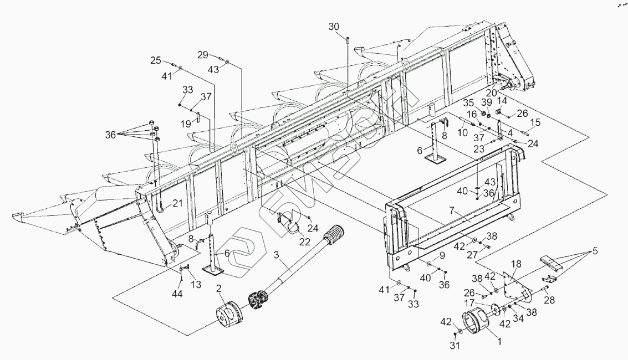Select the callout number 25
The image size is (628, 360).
[x=156, y=60]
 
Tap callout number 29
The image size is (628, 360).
[x=203, y=54]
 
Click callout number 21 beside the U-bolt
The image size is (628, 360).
[x=177, y=203]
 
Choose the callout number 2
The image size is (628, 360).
[x=219, y=288]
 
